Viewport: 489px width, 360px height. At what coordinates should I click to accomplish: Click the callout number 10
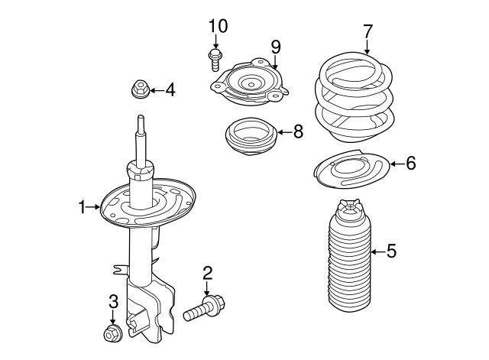218,26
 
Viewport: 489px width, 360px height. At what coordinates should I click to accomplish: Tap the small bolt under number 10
215,60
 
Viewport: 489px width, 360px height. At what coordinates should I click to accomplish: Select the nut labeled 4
139,89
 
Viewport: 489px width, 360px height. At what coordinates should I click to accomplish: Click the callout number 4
170,90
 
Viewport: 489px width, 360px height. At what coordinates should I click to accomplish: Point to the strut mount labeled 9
250,82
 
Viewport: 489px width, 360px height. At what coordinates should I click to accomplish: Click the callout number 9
276,47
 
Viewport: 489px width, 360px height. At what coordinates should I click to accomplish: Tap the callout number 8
298,131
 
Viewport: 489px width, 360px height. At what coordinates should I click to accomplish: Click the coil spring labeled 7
354,97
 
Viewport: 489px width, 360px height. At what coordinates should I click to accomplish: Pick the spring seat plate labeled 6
351,169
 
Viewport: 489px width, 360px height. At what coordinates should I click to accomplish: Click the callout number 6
411,163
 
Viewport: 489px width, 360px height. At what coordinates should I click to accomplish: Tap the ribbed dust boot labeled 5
349,255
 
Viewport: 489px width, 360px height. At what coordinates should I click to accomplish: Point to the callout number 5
391,251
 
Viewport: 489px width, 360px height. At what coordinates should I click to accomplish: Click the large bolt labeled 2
205,308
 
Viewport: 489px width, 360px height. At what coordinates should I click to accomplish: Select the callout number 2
207,273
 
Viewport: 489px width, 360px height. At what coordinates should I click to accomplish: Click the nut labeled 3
112,332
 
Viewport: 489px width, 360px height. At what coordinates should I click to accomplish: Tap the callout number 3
114,301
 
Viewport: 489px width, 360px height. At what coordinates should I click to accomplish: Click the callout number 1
82,207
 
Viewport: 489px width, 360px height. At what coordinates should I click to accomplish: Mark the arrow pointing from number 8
284,132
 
